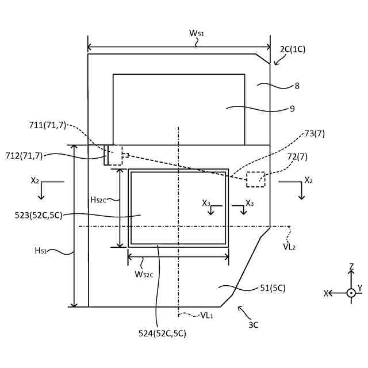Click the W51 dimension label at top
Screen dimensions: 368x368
click(x=197, y=33)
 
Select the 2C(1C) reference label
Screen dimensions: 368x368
click(x=293, y=49)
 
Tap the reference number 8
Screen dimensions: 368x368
click(x=297, y=86)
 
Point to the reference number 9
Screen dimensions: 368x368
click(x=292, y=108)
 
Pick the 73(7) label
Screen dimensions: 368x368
click(x=315, y=134)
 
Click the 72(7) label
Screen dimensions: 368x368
click(x=297, y=156)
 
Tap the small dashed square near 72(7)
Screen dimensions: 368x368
click(x=255, y=179)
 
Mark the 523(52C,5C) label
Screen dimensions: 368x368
click(x=39, y=215)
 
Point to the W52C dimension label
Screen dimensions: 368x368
click(x=144, y=274)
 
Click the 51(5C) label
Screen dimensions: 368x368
click(x=272, y=288)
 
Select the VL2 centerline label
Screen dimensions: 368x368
click(x=290, y=246)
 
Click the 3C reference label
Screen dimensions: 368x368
click(x=254, y=325)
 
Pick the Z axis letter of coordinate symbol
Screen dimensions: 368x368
click(x=351, y=266)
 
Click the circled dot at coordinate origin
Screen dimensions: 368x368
click(x=351, y=293)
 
